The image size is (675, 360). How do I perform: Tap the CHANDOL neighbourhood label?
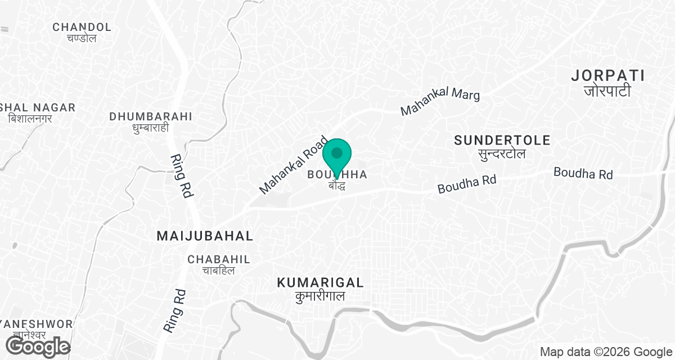pos(82,27)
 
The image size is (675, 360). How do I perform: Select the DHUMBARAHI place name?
pos(151,116)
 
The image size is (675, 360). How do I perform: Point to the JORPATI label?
pos(607,75)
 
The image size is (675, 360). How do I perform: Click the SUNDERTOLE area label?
pos(502,140)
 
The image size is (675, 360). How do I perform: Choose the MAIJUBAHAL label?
pos(205,236)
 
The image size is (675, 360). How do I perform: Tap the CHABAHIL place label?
pos(219,259)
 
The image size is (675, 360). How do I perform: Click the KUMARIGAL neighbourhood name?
pos(320,283)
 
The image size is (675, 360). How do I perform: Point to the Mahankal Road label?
pos(293,165)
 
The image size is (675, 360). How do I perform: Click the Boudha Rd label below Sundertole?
pos(467,183)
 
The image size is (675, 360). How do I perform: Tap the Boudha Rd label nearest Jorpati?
pos(583,173)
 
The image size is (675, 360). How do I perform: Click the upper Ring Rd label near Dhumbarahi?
pos(181,175)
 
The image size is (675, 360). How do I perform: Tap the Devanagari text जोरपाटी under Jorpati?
pos(607,91)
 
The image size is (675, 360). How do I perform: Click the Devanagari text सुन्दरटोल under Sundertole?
pos(502,154)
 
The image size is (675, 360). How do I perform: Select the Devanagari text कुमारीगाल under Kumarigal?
pos(320,296)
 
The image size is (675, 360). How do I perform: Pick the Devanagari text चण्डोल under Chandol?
pos(82,38)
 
